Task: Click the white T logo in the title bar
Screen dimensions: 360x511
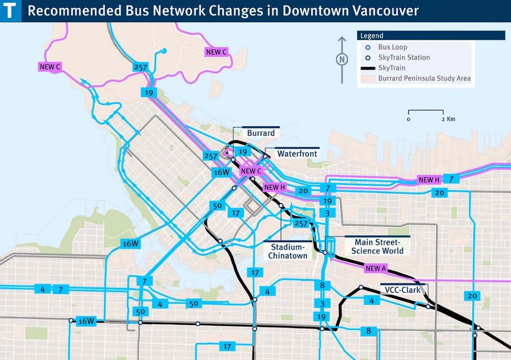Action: tap(10, 10)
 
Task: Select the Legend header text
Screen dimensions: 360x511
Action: tap(372, 36)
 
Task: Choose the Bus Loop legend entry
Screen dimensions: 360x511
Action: tap(393, 47)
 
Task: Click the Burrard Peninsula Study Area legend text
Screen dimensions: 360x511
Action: tap(424, 79)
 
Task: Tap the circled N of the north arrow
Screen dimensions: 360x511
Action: tap(341, 59)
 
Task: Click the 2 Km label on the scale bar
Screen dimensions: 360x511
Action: tap(448, 119)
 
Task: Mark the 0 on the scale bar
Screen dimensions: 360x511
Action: tap(409, 119)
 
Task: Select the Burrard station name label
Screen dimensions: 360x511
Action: tap(261, 133)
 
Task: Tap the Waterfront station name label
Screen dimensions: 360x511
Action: tap(297, 154)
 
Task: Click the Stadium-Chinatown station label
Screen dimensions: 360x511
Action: tap(288, 251)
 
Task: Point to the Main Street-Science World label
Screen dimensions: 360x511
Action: tap(378, 246)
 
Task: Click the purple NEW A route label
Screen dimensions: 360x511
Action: tap(376, 268)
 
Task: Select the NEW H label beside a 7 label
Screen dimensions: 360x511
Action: tap(429, 179)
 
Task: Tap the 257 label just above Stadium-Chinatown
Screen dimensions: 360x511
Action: tap(300, 223)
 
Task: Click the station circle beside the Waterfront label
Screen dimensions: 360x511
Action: tap(265, 156)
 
